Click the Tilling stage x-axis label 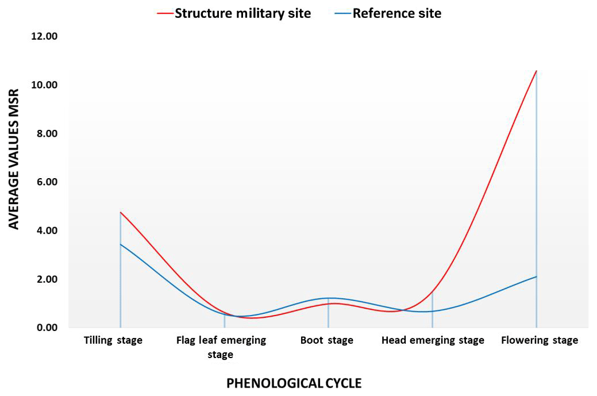[x=113, y=340]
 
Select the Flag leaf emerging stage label [x=221, y=347]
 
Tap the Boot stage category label [x=327, y=340]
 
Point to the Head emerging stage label [x=433, y=340]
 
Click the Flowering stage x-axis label [x=539, y=340]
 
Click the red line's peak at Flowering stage [x=536, y=71]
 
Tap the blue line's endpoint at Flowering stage [x=536, y=276]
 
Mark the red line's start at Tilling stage [x=121, y=212]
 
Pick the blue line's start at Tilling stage [x=121, y=244]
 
